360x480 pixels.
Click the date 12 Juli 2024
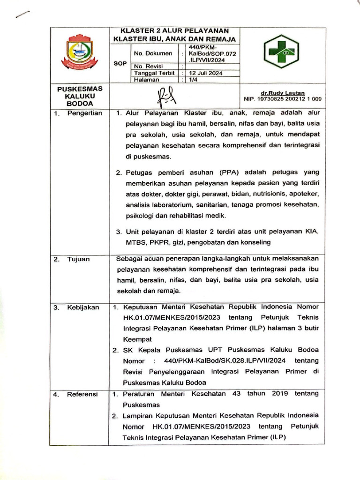(x=205, y=74)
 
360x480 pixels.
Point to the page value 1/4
(x=193, y=80)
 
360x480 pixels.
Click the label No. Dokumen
(x=153, y=54)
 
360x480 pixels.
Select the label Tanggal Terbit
(x=154, y=74)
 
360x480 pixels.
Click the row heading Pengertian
(x=84, y=113)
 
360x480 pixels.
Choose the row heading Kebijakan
(x=82, y=307)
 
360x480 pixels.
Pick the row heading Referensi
(x=82, y=394)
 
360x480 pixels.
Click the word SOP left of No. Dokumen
(x=120, y=63)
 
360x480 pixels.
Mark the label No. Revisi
(x=148, y=67)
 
